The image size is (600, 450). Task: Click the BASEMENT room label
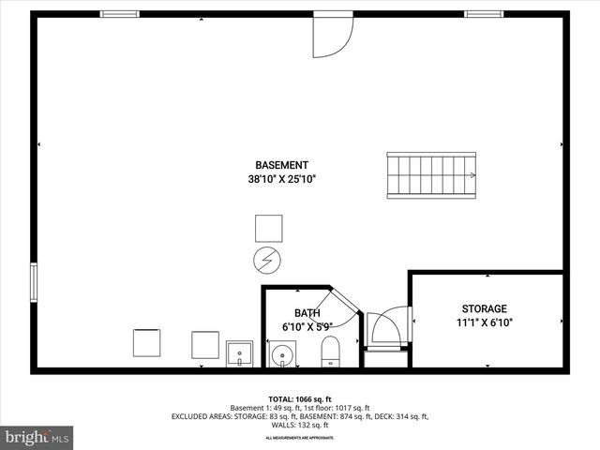[x=282, y=165]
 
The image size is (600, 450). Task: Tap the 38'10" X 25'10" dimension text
[x=282, y=178]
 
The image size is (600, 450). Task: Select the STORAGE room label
[x=484, y=308]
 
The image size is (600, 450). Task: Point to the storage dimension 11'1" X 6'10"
[x=484, y=322]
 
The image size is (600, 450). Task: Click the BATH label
[x=307, y=313]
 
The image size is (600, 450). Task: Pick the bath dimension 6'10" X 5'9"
[x=307, y=327]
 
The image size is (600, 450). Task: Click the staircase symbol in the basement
[x=431, y=175]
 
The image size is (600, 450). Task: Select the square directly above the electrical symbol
[x=268, y=228]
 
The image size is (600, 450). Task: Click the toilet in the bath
[x=331, y=352]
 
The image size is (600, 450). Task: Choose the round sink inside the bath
[x=282, y=354]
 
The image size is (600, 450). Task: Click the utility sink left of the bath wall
[x=239, y=353]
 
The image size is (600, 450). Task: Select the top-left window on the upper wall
[x=119, y=14]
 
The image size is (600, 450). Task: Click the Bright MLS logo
[x=37, y=437]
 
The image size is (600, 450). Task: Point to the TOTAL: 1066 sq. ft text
[x=299, y=398]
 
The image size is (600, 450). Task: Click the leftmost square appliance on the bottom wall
[x=146, y=343]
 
